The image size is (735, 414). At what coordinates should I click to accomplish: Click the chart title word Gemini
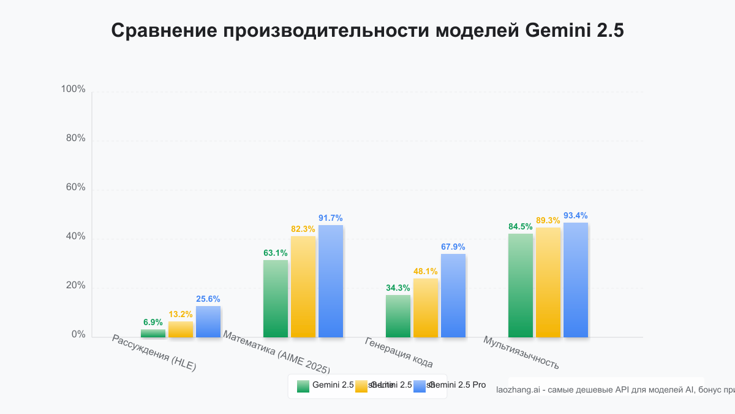coord(557,31)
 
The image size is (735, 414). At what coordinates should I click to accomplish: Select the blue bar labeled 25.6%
coord(208,321)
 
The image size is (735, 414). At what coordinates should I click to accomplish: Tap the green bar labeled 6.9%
coord(153,333)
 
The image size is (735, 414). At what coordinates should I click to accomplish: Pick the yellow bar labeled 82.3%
coord(303,286)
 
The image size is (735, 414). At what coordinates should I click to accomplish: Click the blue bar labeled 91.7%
coord(331,281)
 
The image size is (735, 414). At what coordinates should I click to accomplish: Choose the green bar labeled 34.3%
coord(398,316)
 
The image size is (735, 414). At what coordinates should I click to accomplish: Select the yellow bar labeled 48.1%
coord(426,307)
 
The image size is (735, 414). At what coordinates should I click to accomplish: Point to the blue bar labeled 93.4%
coord(576,280)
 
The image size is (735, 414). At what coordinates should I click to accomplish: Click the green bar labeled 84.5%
coord(521,285)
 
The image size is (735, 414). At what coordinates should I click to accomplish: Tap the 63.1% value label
coord(276,253)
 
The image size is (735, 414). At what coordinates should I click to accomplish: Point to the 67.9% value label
coord(453,247)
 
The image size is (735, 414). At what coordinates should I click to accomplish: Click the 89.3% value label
coord(548,220)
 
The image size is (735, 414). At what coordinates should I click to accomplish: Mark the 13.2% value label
coord(181,314)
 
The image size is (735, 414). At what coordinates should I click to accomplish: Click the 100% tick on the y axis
coord(73,90)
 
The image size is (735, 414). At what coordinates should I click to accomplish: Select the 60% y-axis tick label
coord(75,188)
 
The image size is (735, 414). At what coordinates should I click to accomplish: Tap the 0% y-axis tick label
coord(78,335)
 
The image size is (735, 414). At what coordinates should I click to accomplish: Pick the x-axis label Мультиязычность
coord(521,353)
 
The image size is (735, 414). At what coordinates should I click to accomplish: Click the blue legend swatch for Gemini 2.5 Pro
coord(420,386)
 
